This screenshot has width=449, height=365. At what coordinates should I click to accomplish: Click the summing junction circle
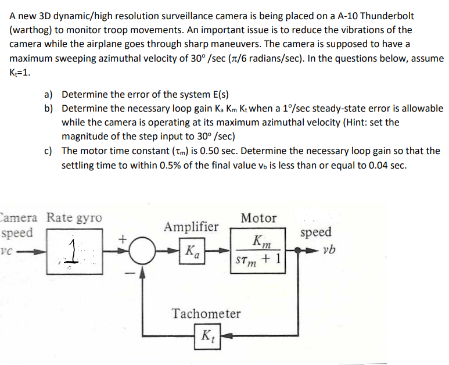pyautogui.click(x=139, y=252)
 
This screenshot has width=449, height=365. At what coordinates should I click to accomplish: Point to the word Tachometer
pyautogui.click(x=206, y=314)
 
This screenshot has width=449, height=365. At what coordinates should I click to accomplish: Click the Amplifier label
pyautogui.click(x=192, y=226)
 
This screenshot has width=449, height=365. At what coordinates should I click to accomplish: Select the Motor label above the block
pyautogui.click(x=258, y=218)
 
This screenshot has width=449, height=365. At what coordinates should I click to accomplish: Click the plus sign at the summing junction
pyautogui.click(x=123, y=238)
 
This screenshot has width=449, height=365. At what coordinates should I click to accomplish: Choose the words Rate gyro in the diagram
pyautogui.click(x=74, y=218)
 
